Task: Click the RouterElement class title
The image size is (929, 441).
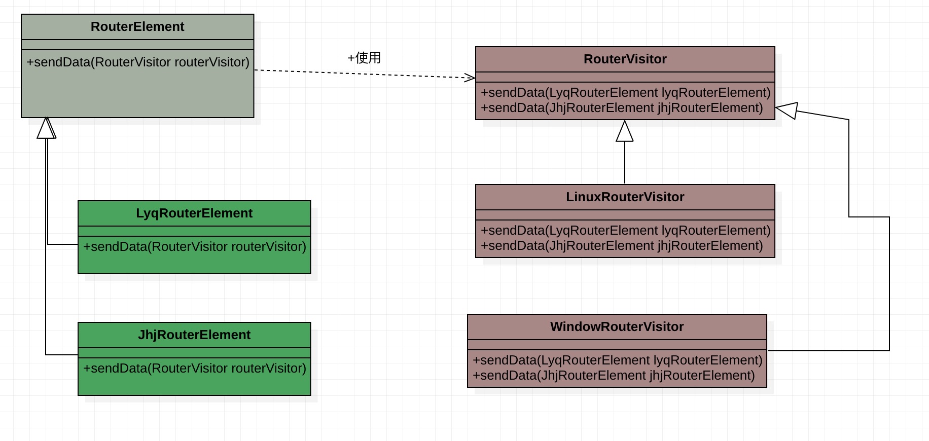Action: (137, 26)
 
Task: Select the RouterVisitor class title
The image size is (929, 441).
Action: (625, 59)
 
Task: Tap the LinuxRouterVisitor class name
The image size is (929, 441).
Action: (625, 197)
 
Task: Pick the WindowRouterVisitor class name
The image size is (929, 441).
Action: (617, 326)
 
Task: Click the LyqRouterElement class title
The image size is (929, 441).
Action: (194, 213)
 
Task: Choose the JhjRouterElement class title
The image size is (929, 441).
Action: (194, 335)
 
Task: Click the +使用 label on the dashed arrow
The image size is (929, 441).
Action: (364, 58)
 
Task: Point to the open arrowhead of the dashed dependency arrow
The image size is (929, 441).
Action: (470, 78)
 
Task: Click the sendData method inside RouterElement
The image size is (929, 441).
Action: (138, 62)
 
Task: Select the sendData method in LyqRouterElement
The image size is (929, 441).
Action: (195, 246)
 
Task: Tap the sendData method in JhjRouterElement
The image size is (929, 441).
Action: (195, 368)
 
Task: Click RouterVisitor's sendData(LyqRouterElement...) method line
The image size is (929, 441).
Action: (626, 92)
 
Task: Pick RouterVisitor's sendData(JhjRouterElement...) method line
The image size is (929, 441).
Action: (622, 107)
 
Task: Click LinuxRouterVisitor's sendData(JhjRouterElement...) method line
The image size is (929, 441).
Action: (622, 245)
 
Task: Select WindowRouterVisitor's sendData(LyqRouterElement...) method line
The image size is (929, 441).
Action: (618, 360)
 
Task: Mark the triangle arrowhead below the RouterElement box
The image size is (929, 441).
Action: (47, 128)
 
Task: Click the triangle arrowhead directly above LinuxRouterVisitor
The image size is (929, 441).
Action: (625, 131)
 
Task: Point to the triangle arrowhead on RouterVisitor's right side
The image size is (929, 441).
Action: (786, 111)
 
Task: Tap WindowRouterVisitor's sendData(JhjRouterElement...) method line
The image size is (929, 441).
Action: (614, 375)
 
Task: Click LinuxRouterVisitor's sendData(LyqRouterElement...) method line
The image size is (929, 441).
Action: (626, 230)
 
